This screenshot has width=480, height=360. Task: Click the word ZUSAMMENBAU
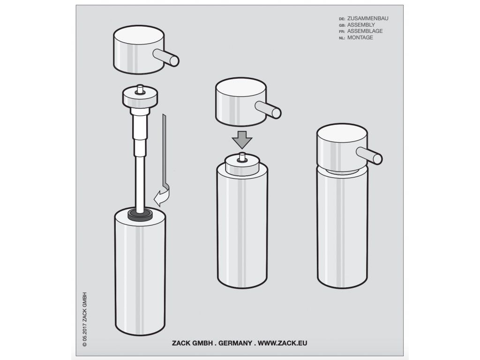(367, 18)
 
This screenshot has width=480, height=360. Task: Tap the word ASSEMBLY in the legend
(361, 25)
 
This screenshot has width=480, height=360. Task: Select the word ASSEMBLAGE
(365, 31)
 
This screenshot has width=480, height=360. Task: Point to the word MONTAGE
(360, 37)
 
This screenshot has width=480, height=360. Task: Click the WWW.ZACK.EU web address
(282, 343)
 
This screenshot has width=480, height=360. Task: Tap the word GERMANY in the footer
(235, 343)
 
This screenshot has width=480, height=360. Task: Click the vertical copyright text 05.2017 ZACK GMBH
(85, 319)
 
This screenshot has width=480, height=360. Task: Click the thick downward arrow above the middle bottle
(242, 140)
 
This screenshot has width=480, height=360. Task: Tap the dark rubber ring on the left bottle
(140, 214)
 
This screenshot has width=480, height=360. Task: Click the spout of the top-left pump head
(166, 58)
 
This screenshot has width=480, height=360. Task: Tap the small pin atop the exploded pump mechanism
(140, 89)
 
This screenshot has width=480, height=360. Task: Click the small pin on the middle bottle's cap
(242, 157)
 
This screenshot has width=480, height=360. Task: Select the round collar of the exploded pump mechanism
(140, 97)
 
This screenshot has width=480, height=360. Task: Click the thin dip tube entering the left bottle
(140, 184)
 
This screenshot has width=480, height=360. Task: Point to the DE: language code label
(342, 19)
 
